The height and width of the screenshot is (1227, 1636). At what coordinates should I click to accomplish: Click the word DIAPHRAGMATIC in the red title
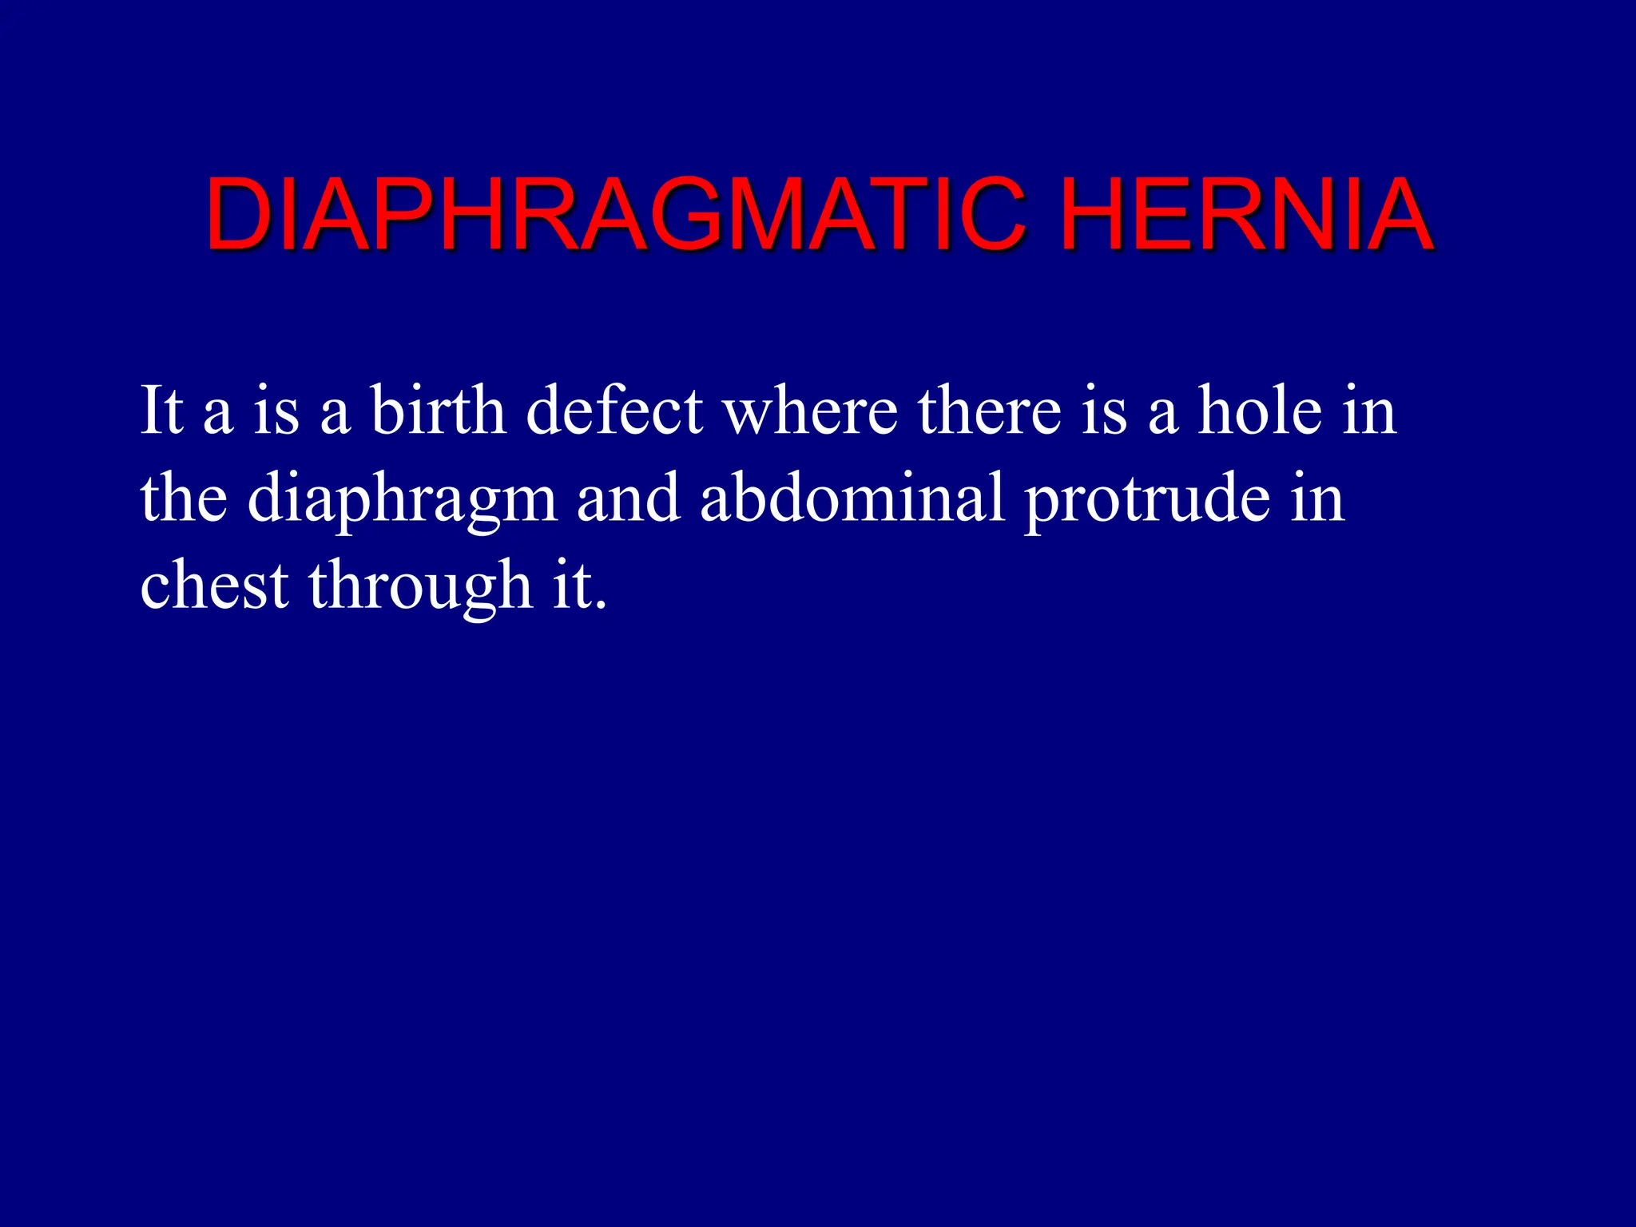point(615,214)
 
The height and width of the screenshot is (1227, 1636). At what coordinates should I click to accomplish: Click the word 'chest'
point(214,585)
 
